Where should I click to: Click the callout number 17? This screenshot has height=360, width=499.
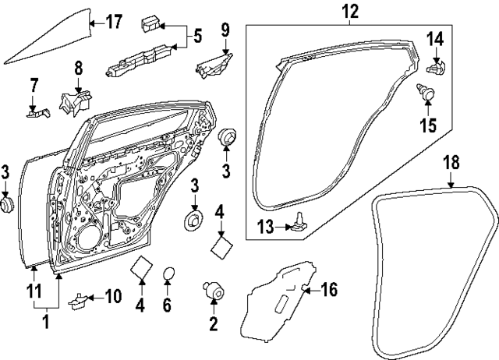pos(114,21)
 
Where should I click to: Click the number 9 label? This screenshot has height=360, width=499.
pos(225,31)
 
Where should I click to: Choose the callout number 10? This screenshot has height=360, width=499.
pos(113,296)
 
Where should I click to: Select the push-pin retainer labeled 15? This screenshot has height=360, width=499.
pos(427,94)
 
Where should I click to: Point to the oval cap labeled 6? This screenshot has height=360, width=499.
pos(167,273)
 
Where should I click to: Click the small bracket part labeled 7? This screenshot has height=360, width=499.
pos(34,112)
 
